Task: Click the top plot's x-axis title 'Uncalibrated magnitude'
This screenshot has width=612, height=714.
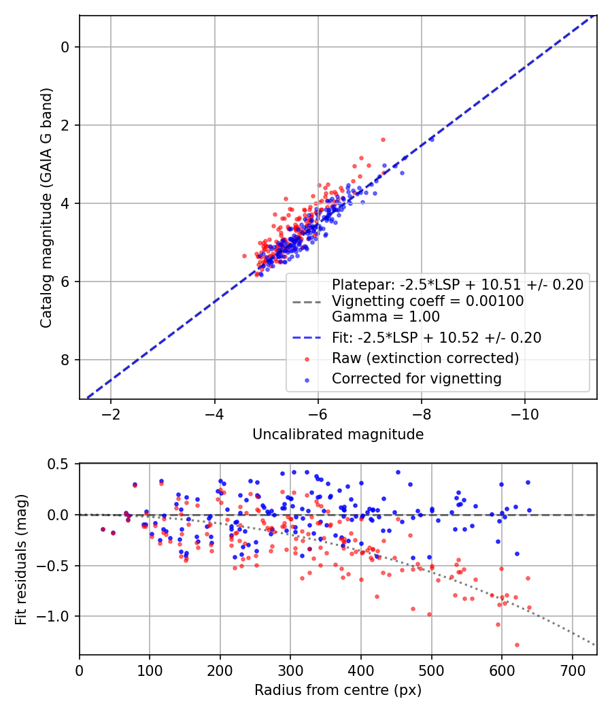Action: click(x=338, y=435)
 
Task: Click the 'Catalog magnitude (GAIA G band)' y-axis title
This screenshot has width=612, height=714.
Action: click(x=46, y=207)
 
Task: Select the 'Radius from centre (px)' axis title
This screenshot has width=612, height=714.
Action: click(x=338, y=690)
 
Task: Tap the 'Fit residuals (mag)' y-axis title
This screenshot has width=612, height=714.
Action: click(x=21, y=558)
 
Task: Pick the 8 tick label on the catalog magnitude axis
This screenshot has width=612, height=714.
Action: click(x=65, y=360)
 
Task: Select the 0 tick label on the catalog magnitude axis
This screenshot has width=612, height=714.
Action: click(x=65, y=47)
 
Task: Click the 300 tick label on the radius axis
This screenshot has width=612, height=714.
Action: click(x=290, y=670)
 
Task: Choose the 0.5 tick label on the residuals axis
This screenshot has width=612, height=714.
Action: click(x=61, y=464)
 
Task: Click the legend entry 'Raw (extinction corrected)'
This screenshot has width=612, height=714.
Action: click(x=425, y=358)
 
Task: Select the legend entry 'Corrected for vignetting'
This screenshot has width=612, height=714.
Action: click(x=416, y=379)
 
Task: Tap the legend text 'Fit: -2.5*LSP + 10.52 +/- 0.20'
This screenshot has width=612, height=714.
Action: click(x=437, y=337)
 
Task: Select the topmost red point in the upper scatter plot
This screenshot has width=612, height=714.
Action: click(x=383, y=139)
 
